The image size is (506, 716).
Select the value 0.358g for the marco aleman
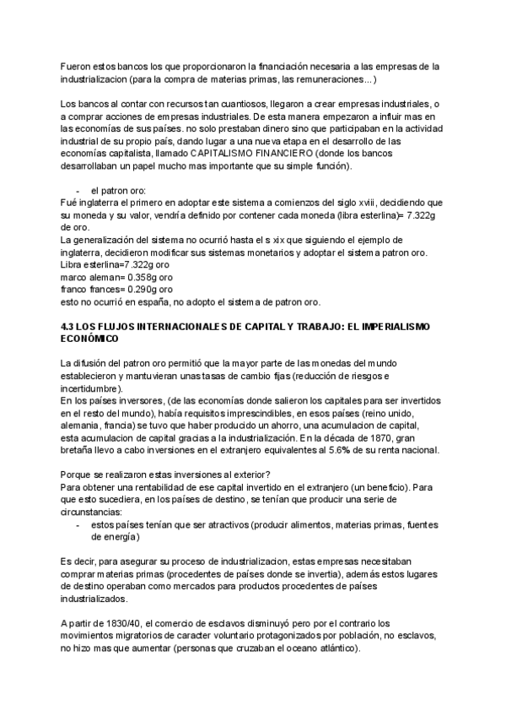tap(126, 278)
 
